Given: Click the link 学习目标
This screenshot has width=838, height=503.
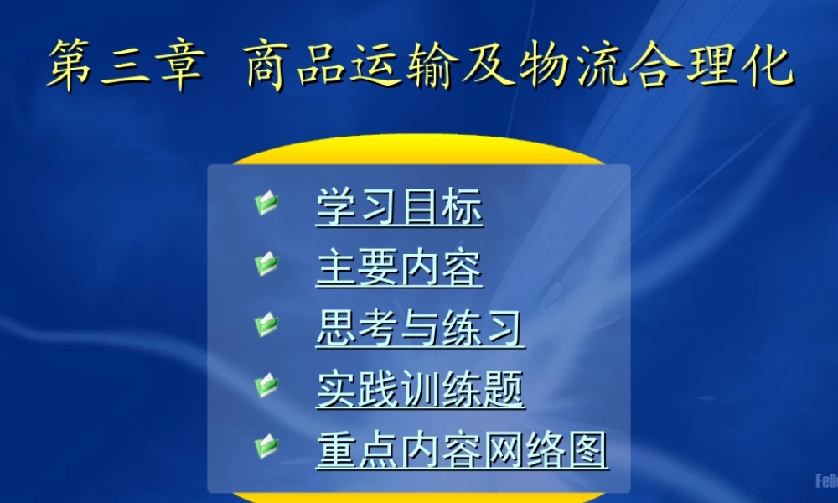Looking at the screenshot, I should (x=399, y=207).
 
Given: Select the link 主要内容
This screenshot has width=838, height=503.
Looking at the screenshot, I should (x=399, y=268).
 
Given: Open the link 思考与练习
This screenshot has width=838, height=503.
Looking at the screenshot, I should (x=420, y=329).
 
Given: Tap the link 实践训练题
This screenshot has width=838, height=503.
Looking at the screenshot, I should (x=420, y=390).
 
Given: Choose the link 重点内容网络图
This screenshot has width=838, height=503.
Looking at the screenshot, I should (x=462, y=451).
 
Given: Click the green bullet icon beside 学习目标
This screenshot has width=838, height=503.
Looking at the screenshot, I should (x=266, y=203).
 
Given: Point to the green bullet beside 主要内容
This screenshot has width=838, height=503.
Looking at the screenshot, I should (x=266, y=264).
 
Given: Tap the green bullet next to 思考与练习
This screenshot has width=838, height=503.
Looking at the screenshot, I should (x=266, y=324).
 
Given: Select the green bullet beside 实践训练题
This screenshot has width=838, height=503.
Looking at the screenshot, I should (x=266, y=386).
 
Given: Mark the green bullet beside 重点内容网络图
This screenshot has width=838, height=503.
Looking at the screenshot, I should (x=266, y=446).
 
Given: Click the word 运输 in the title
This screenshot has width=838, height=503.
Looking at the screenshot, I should (x=408, y=67).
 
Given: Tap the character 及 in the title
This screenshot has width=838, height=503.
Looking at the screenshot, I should (x=494, y=67).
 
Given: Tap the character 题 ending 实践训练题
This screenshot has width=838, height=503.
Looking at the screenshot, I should (x=504, y=390).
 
